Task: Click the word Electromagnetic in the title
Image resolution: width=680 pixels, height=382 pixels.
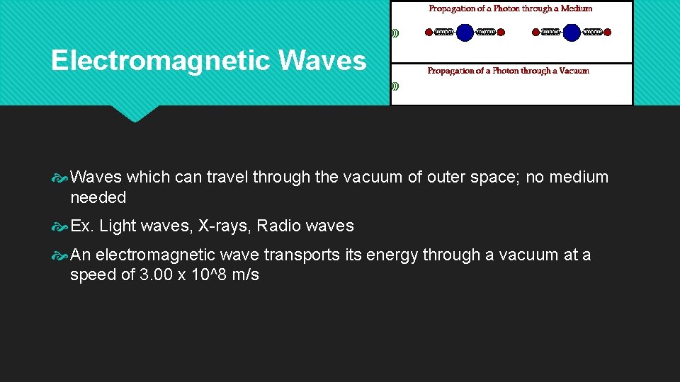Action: point(161,61)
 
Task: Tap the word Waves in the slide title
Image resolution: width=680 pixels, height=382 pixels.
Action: point(322,61)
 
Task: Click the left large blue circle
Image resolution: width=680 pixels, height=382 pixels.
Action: point(465,32)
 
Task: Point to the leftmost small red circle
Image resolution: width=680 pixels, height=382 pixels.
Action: point(429,32)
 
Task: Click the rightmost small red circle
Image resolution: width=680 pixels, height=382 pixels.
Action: point(608,32)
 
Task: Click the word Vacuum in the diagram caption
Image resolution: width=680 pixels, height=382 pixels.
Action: point(574,71)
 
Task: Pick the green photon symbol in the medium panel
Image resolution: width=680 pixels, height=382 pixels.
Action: point(395,33)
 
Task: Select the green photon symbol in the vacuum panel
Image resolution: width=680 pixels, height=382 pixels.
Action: point(395,86)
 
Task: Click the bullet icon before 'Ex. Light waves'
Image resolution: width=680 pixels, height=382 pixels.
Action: point(60,227)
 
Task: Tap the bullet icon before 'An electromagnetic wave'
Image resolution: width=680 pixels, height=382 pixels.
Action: point(60,255)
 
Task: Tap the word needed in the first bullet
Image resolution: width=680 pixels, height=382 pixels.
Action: point(98,197)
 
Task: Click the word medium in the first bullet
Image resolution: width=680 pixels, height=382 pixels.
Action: point(579,177)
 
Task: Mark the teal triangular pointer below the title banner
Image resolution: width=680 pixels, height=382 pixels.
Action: point(135,113)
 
